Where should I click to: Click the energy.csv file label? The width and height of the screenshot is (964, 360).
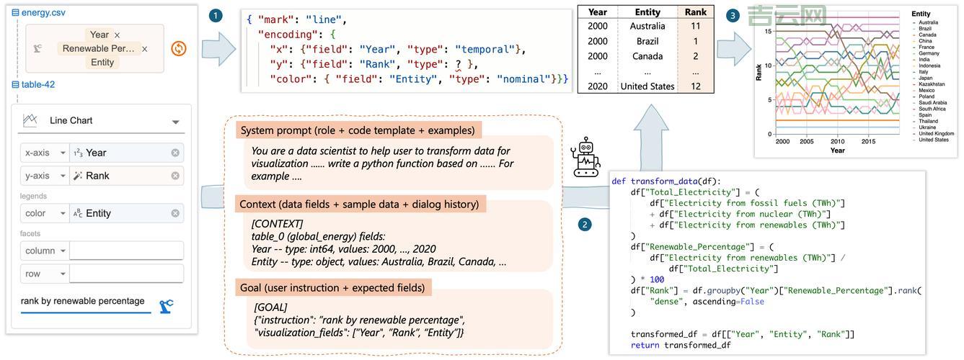point(43,12)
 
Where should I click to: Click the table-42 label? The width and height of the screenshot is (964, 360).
point(37,84)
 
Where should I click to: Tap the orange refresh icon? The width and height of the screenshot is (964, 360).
point(179,48)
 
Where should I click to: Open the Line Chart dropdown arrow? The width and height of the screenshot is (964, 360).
point(175,122)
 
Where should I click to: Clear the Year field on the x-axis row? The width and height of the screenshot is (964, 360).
point(175,153)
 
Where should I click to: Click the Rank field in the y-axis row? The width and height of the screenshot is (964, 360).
point(97,176)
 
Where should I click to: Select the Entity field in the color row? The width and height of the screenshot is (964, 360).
point(98,213)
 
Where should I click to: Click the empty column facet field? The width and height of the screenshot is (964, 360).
point(126,251)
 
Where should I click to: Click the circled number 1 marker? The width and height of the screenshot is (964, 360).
point(215,16)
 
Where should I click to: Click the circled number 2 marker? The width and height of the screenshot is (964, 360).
point(585,224)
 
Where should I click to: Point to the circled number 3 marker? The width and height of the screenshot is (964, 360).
point(733,15)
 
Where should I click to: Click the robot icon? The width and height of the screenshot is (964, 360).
point(585,158)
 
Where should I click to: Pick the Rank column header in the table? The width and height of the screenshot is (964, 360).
point(696,12)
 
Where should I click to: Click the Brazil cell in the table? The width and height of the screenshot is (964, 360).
point(647,41)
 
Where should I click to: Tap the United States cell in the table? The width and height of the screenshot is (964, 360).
point(647,86)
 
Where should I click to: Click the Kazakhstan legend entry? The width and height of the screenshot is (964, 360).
point(931,84)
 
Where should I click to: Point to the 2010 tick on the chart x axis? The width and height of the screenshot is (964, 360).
point(837,141)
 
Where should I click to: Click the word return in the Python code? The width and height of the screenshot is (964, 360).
point(645,345)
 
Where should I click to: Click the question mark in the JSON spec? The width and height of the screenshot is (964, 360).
point(458,64)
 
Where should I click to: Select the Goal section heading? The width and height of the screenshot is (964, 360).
point(332,288)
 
